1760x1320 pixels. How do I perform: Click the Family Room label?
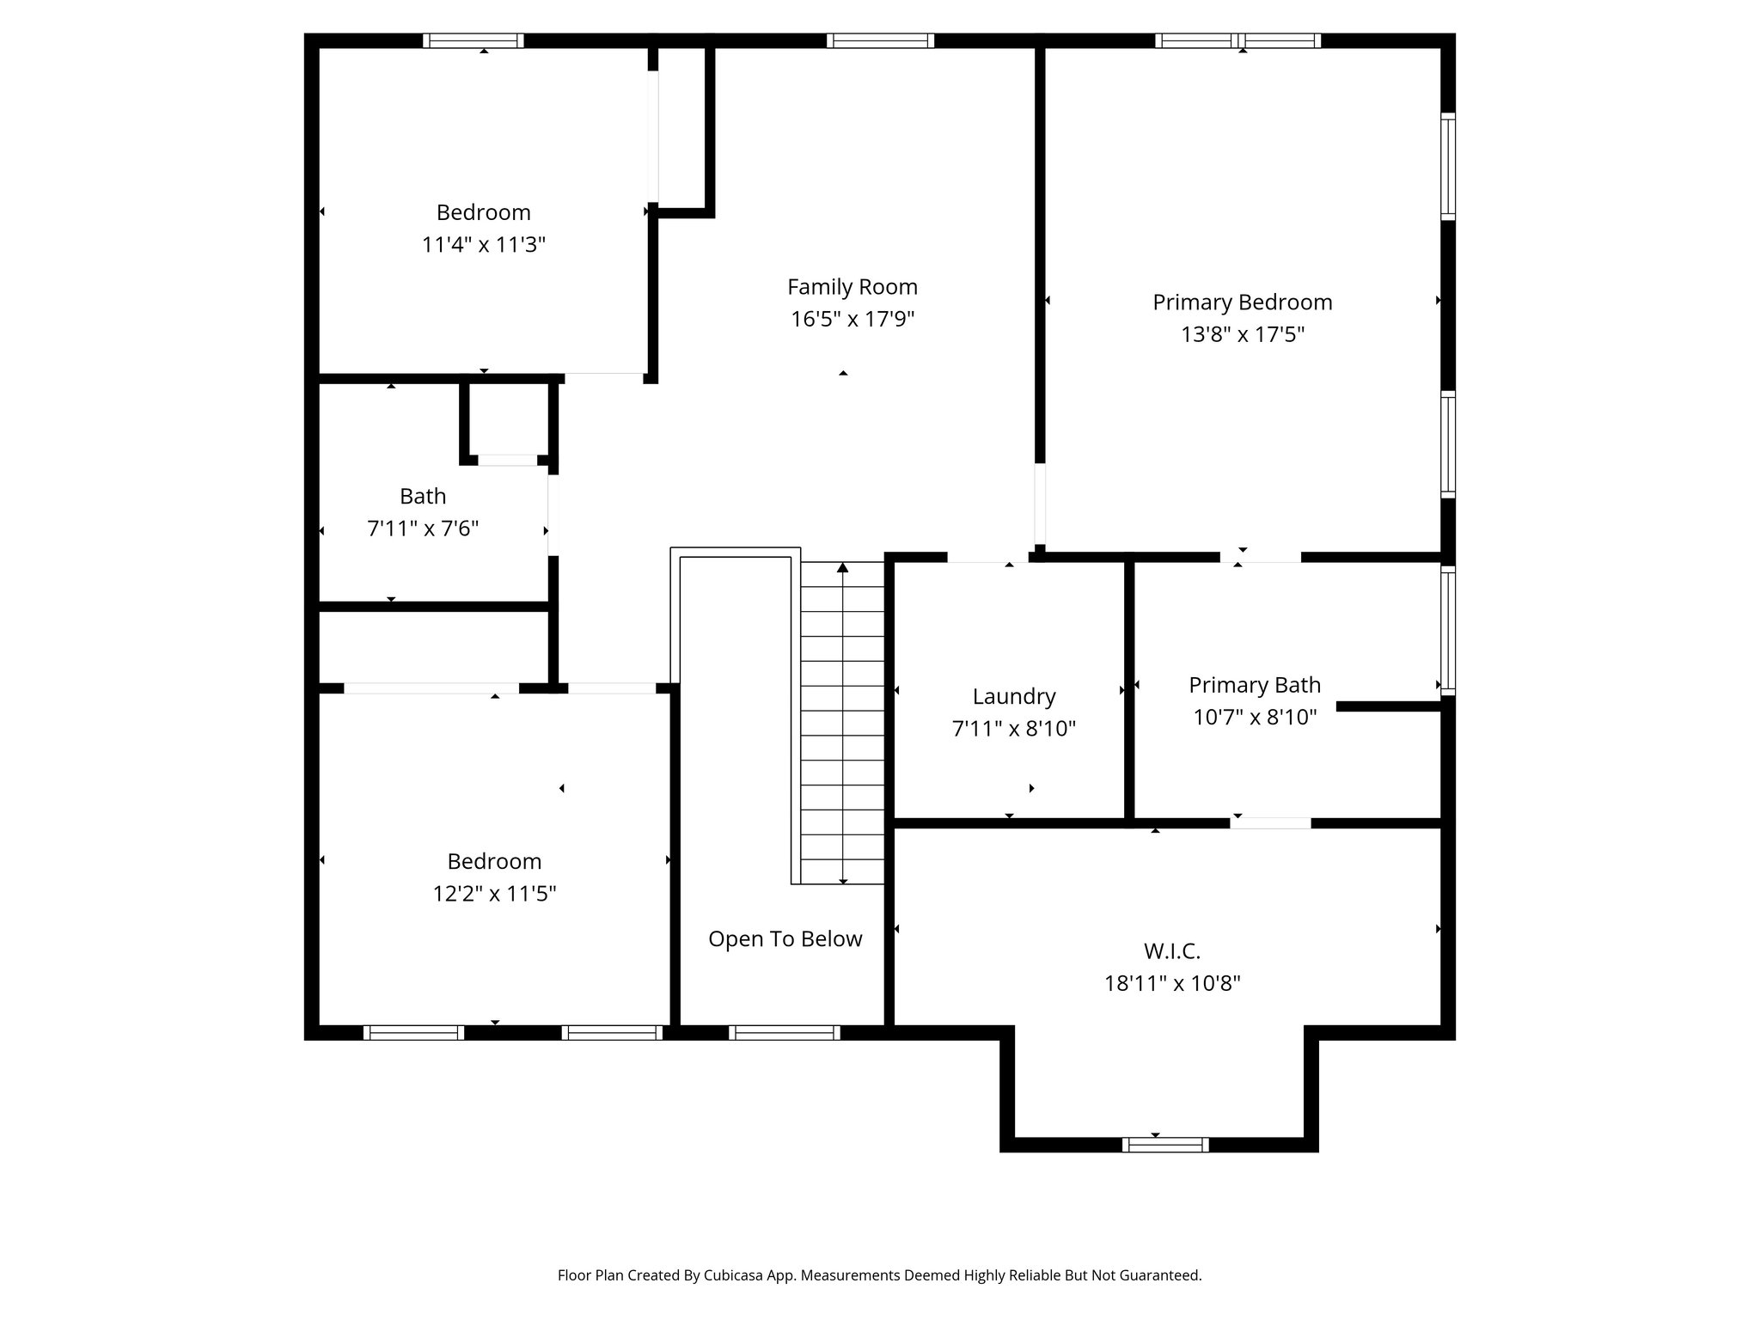852,287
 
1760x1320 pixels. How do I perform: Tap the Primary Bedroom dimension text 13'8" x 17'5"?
1242,334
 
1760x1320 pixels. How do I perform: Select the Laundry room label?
1013,696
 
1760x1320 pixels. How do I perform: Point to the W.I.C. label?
1171,951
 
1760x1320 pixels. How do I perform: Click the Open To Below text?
785,938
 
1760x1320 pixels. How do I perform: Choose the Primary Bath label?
1254,685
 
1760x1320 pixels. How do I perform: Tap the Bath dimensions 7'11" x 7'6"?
422,529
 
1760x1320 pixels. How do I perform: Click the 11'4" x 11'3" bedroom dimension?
483,245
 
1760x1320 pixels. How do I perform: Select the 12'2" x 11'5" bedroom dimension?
493,894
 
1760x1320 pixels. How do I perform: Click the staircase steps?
842,722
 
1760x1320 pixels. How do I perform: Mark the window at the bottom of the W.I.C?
1164,1145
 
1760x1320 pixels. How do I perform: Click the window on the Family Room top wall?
880,40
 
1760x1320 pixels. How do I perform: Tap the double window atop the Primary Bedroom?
1237,40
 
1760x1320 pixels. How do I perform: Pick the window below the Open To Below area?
784,1033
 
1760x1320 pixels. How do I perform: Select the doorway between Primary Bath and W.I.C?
1270,823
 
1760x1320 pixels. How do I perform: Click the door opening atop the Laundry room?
988,558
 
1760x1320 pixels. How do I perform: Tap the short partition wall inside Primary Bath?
1388,706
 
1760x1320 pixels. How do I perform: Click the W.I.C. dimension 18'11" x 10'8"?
1171,983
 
